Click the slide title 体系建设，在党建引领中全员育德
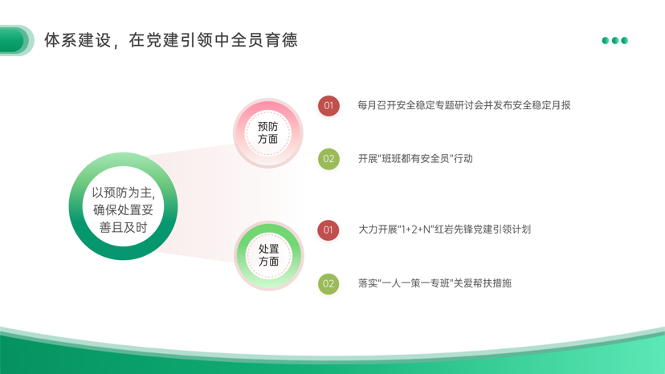pyautogui.click(x=171, y=40)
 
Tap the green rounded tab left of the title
pyautogui.click(x=16, y=40)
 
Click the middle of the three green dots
pyautogui.click(x=615, y=40)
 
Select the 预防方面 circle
pyautogui.click(x=267, y=132)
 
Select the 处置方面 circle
pyautogui.click(x=268, y=255)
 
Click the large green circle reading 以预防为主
pyautogui.click(x=123, y=206)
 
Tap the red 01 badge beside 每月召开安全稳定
pyautogui.click(x=328, y=106)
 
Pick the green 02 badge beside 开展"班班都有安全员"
pyautogui.click(x=328, y=159)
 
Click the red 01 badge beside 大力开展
pyautogui.click(x=328, y=230)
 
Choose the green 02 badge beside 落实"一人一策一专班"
pyautogui.click(x=328, y=283)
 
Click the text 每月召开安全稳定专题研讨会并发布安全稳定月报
pyautogui.click(x=464, y=105)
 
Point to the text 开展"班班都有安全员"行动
pyautogui.click(x=415, y=159)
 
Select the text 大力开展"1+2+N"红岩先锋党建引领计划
pyautogui.click(x=444, y=230)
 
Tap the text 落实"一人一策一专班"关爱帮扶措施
pyautogui.click(x=434, y=283)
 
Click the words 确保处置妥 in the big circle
pyautogui.click(x=123, y=210)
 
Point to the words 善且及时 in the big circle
pyautogui.click(x=123, y=227)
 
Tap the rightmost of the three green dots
pyautogui.click(x=624, y=40)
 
